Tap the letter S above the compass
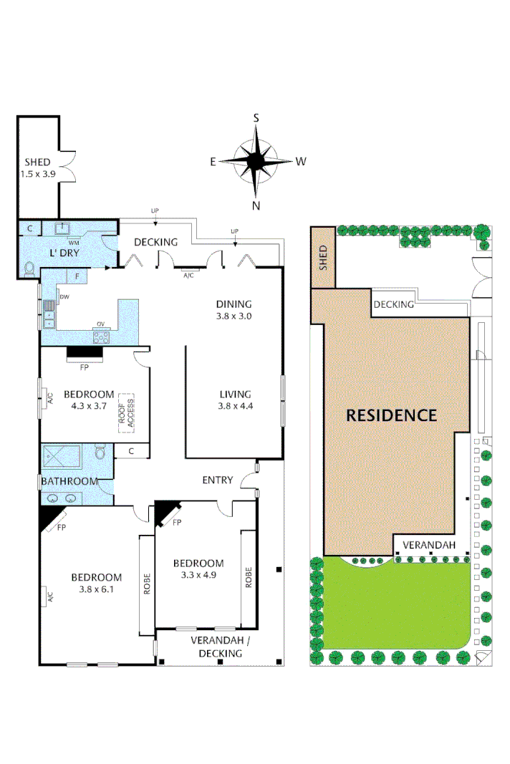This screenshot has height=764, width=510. (x=256, y=118)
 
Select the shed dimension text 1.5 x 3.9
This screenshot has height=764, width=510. (x=37, y=173)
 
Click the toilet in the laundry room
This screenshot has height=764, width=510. (x=29, y=269)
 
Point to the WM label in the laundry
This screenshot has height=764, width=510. (x=73, y=243)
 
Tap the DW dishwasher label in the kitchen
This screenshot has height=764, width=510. (x=64, y=296)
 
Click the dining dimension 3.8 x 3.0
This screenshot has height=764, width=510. (x=234, y=315)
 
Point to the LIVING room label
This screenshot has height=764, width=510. (x=235, y=394)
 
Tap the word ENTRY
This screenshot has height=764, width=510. (x=217, y=480)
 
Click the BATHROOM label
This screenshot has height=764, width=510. (x=69, y=481)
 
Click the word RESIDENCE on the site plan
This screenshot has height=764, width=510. (x=392, y=415)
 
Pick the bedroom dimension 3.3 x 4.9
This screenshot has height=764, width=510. (x=198, y=574)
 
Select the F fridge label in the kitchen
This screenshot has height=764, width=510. (x=77, y=276)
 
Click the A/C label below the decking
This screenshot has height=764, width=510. (x=189, y=275)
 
